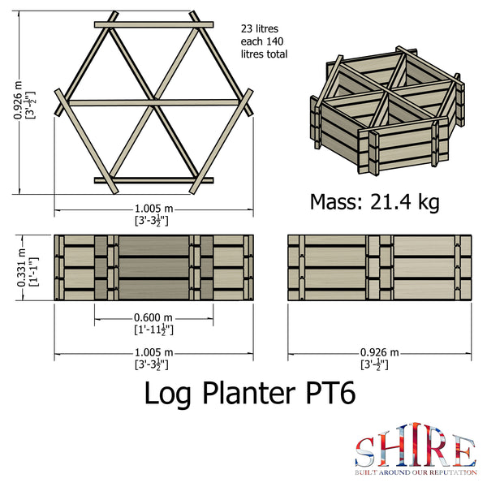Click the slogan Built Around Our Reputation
tap(414, 470)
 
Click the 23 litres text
tap(259, 28)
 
